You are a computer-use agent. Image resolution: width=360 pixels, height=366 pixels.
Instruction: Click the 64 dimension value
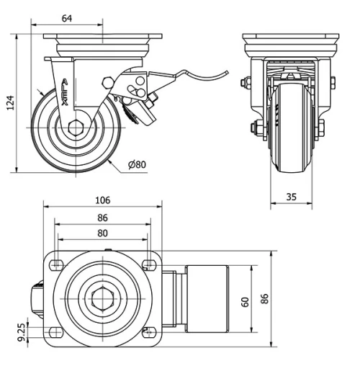(x=67, y=18)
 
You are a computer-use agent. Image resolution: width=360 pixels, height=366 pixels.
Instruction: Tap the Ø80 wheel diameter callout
(x=137, y=165)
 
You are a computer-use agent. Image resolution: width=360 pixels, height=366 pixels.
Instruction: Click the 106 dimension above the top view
(x=102, y=200)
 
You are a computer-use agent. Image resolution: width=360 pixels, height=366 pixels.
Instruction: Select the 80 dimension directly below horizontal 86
(x=102, y=233)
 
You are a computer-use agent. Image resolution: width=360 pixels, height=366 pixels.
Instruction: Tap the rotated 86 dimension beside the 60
(x=265, y=299)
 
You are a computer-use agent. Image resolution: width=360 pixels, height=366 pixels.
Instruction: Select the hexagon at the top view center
(x=103, y=298)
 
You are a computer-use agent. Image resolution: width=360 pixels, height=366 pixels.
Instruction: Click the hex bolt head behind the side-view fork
(x=109, y=84)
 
